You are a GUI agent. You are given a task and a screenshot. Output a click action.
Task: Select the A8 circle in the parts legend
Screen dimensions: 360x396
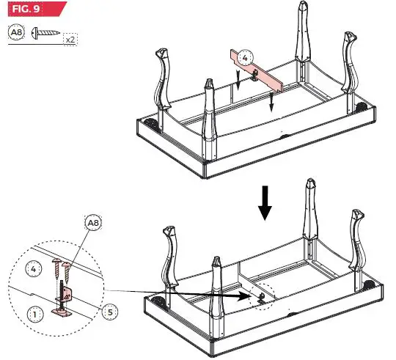tap(16, 32)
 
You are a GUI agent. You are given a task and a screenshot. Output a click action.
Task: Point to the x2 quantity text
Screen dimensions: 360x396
tap(70, 40)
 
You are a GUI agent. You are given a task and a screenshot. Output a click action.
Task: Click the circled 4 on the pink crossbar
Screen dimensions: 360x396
tap(246, 56)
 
